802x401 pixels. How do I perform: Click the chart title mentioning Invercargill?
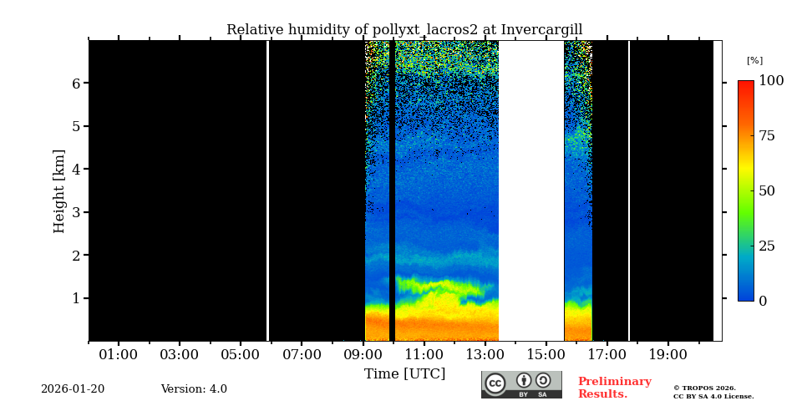(x=404, y=30)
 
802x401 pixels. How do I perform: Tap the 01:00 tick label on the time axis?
(x=119, y=355)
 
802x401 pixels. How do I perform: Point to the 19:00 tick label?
(x=668, y=355)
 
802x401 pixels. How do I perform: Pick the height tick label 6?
(x=76, y=84)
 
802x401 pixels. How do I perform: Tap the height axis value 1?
(x=76, y=298)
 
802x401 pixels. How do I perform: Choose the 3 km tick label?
(x=76, y=212)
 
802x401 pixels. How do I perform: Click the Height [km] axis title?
(x=59, y=191)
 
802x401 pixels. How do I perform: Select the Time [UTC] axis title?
(x=404, y=374)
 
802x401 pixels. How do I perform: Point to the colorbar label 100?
(x=771, y=81)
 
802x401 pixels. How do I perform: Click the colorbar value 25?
(x=767, y=246)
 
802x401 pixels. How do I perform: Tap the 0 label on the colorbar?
(x=763, y=302)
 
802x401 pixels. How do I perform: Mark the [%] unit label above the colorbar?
(x=754, y=61)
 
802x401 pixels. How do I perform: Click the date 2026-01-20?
(x=73, y=389)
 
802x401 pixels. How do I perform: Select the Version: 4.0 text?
(x=194, y=389)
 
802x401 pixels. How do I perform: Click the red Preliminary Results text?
(x=614, y=388)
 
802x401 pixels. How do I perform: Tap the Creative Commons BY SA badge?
(x=521, y=384)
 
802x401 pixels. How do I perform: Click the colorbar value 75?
(x=767, y=136)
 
